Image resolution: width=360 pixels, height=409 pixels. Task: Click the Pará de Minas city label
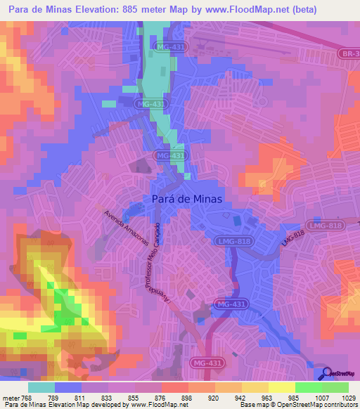click(187, 199)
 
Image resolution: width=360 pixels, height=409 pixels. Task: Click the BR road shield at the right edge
click(349, 53)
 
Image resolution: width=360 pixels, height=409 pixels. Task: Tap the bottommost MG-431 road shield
click(205, 361)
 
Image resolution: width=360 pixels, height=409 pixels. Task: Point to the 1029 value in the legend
click(349, 397)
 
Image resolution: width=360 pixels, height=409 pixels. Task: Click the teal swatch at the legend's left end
click(41, 387)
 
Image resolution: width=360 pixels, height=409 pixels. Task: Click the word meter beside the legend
click(11, 397)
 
